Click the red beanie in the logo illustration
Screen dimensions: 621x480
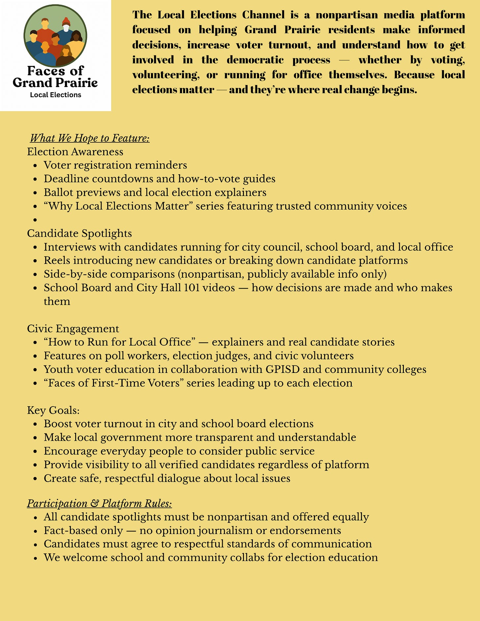click(66, 22)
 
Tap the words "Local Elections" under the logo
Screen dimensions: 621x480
click(55, 95)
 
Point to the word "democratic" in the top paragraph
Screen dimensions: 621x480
click(255, 60)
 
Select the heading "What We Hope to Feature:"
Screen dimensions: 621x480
click(90, 138)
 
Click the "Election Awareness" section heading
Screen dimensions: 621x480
click(75, 152)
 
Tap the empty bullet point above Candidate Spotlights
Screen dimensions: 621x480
click(36, 220)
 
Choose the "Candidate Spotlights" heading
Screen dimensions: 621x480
click(79, 233)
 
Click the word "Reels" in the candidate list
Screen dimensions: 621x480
click(57, 260)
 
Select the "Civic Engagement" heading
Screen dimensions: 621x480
click(73, 328)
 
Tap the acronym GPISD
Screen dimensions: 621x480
click(283, 369)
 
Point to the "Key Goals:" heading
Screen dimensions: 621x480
click(53, 410)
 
